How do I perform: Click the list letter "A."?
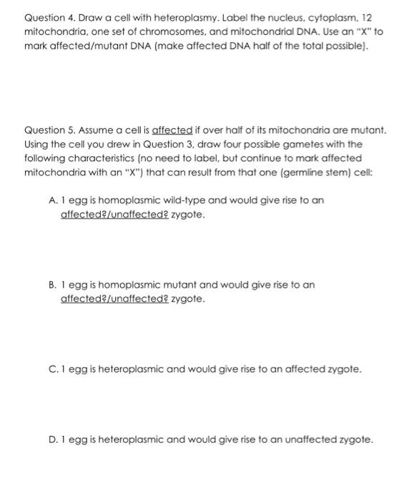pyautogui.click(x=54, y=200)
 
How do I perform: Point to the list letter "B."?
pyautogui.click(x=54, y=285)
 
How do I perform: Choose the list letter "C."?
pyautogui.click(x=54, y=370)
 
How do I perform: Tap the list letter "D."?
pyautogui.click(x=54, y=439)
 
